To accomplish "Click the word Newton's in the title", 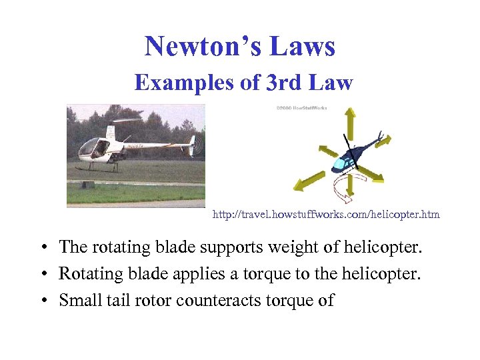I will (199, 47).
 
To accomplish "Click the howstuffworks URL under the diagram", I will (326, 215).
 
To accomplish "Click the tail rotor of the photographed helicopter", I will (192, 145).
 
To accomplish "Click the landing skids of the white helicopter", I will (100, 168).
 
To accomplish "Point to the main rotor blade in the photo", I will (127, 121).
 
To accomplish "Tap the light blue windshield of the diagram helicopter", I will (342, 162).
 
